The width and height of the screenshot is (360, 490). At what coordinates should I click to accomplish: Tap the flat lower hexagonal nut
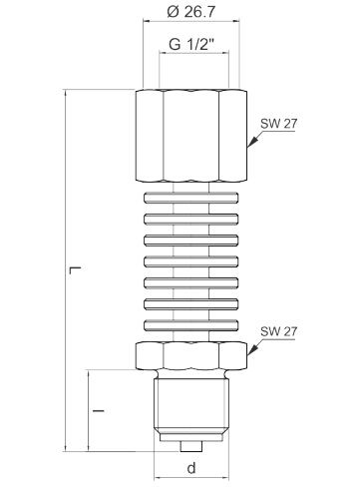188,358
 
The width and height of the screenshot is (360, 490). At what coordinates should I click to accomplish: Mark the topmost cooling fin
188,196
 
